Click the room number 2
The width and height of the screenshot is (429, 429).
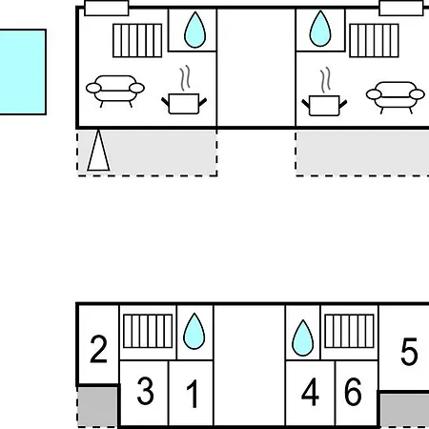click(98, 349)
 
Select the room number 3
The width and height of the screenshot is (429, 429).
click(145, 391)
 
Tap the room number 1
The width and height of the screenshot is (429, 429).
click(193, 394)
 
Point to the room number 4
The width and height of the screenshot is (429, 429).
click(310, 392)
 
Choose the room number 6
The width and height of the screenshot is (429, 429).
click(353, 392)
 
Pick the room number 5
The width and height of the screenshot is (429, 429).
click(409, 352)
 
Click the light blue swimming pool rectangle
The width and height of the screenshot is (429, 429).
click(22, 72)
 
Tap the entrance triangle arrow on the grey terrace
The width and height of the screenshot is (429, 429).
click(98, 151)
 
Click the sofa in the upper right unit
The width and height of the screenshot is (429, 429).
click(396, 97)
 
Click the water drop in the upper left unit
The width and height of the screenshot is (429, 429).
click(194, 31)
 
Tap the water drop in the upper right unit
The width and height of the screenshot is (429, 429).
click(320, 29)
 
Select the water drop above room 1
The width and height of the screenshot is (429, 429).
click(194, 332)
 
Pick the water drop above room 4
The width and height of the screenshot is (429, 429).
click(303, 337)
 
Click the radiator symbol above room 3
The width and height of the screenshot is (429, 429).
click(148, 331)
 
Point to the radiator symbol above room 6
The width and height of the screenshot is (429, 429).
click(349, 331)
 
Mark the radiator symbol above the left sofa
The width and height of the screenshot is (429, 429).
click(137, 40)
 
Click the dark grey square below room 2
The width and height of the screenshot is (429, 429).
click(97, 406)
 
